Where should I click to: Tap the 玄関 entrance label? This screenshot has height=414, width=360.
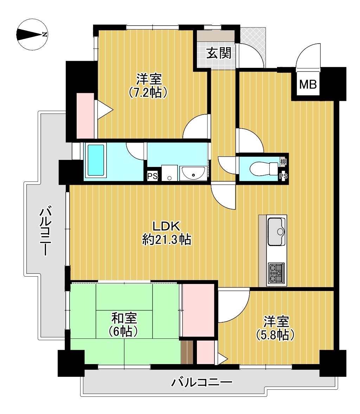(219, 53)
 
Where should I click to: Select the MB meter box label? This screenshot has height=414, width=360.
(308, 84)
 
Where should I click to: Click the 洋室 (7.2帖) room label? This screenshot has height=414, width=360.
(149, 85)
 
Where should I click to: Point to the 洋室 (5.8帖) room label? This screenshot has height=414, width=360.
(276, 329)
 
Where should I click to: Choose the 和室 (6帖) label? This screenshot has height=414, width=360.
(124, 324)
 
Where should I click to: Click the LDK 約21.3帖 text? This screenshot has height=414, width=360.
(167, 233)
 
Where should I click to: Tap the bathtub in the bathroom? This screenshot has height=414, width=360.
(95, 161)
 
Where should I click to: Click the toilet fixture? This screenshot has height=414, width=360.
(264, 168)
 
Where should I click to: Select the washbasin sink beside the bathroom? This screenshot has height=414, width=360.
(193, 173)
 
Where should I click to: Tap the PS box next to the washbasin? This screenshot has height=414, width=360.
(152, 176)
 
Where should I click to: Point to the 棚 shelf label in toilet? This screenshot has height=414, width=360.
(283, 161)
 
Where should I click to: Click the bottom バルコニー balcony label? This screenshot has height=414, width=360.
(202, 382)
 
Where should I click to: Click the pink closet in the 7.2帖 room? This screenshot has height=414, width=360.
(85, 116)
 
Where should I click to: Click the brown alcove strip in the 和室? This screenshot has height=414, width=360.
(187, 352)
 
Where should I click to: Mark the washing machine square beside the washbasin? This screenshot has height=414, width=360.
(169, 173)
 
